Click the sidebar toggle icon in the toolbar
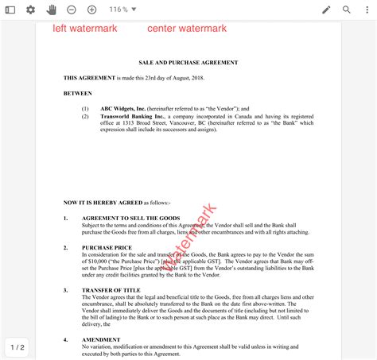point(10,10)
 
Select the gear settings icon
point(31,10)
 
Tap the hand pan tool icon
point(52,10)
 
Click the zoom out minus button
point(72,10)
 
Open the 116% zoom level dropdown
point(122,10)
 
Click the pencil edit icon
point(326,10)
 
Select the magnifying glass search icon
point(347,10)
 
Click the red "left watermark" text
point(85,29)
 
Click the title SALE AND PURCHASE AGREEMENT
point(188,63)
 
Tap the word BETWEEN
point(78,92)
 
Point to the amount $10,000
point(105,261)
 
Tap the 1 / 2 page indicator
point(17,347)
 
